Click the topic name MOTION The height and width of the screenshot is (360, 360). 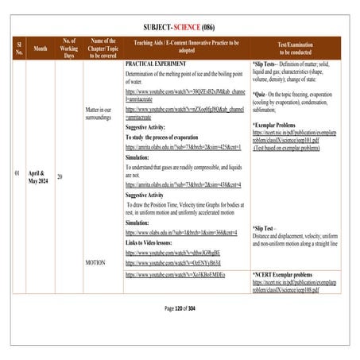95,261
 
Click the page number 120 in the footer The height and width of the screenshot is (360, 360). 182,308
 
